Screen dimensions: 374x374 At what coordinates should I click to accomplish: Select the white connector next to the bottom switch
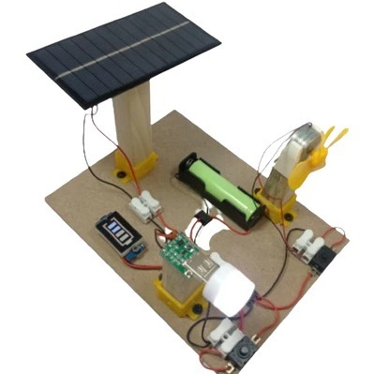pyautogui.click(x=224, y=332)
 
